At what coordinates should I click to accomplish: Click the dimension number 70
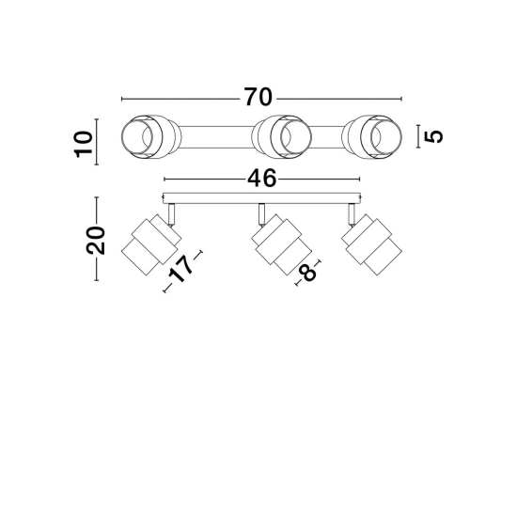click(x=258, y=97)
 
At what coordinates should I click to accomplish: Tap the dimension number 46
click(x=262, y=179)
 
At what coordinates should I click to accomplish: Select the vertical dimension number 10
click(x=83, y=144)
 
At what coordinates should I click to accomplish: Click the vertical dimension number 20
click(x=95, y=241)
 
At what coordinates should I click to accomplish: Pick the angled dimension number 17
click(x=180, y=270)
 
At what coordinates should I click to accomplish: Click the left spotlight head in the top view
click(x=151, y=136)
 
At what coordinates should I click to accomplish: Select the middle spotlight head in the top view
click(x=281, y=136)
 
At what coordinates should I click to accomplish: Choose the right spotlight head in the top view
click(x=372, y=136)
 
